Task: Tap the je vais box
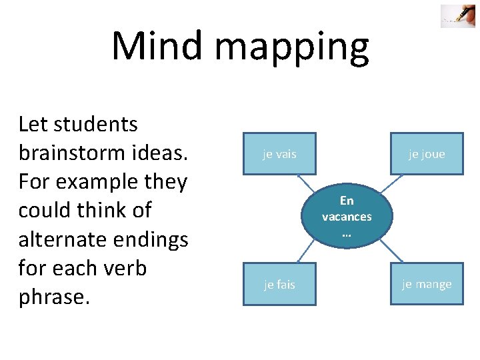(279, 154)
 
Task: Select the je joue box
(427, 154)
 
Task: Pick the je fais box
(279, 285)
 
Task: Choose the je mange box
(427, 285)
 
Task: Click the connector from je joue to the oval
(399, 184)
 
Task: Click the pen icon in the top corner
(457, 16)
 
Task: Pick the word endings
(153, 239)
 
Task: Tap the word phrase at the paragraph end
(53, 297)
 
